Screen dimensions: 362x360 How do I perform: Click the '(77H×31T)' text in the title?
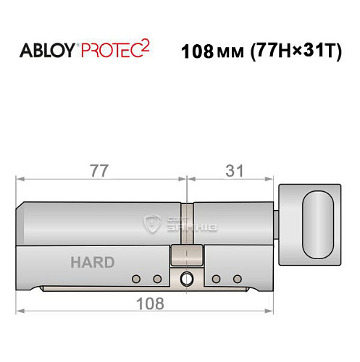297,52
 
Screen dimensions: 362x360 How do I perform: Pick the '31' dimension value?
233,172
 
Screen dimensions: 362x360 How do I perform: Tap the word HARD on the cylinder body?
92,262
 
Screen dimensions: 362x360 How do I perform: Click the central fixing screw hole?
188,278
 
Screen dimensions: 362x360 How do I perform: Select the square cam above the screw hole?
185,255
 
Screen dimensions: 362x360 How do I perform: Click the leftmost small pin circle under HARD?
136,279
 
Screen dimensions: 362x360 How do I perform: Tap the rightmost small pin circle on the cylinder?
237,279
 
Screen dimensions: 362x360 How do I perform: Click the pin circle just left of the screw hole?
156,279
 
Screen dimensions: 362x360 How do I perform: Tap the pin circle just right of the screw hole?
217,279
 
